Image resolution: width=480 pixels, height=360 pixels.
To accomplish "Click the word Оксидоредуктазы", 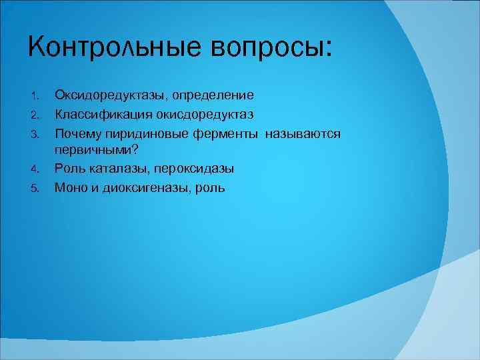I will pos(110,97).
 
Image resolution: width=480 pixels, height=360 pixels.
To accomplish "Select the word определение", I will pos(213,97).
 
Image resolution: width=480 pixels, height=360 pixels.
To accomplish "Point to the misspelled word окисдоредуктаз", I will pos(207,115).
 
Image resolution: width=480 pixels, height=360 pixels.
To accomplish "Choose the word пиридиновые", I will pos(147,135).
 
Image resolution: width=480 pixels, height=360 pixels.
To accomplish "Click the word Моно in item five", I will pos(71,188).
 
